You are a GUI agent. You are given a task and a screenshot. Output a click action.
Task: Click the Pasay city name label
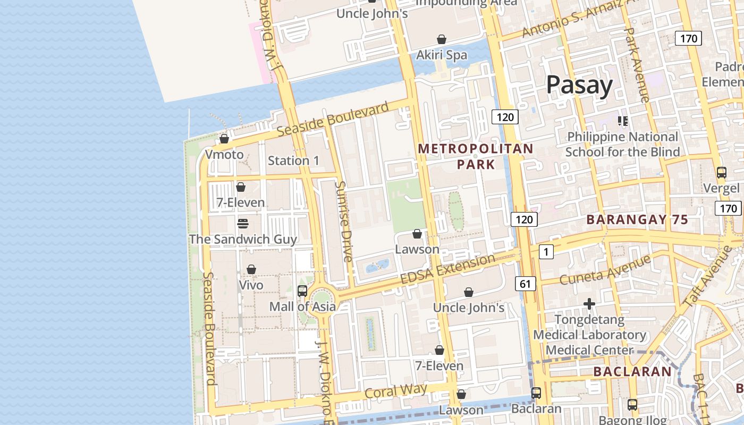click(x=579, y=85)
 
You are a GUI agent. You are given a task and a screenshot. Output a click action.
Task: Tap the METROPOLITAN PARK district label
click(x=476, y=156)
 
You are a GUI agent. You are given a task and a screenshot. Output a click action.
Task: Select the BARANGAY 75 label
click(x=637, y=219)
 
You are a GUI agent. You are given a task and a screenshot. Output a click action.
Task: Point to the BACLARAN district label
click(x=632, y=371)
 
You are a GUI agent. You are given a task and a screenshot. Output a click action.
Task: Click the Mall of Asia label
click(x=302, y=307)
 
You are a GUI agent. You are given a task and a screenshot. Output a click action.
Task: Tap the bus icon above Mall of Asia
click(x=302, y=291)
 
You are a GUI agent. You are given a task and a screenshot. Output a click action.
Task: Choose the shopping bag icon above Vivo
click(x=251, y=269)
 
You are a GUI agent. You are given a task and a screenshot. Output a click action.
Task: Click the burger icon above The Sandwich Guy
click(x=243, y=223)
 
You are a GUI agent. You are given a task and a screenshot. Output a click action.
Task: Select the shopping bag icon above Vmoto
click(x=224, y=139)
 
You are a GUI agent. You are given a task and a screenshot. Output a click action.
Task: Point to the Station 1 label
click(x=293, y=160)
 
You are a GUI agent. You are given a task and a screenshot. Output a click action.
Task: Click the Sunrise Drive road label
click(x=344, y=221)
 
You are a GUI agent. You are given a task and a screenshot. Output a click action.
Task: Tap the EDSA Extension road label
click(x=447, y=269)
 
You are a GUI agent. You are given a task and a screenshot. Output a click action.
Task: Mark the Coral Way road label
click(x=396, y=392)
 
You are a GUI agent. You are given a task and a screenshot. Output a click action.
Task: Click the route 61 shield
click(x=525, y=284)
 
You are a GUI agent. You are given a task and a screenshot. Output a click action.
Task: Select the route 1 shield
click(x=546, y=252)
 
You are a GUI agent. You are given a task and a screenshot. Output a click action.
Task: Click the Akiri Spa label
click(x=442, y=55)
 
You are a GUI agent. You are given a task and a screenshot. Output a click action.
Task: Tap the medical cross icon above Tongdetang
click(x=589, y=304)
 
